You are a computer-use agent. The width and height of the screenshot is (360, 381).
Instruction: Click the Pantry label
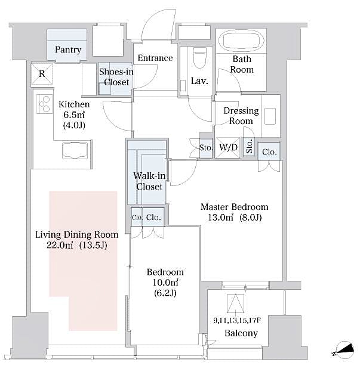pos(68,50)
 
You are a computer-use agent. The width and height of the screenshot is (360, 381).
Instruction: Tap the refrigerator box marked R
pos(41,74)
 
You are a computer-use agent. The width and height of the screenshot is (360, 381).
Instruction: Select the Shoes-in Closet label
pos(116,77)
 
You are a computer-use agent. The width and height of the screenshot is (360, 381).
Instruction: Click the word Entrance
pos(155,58)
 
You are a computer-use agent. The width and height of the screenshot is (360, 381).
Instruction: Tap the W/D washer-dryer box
pos(228,147)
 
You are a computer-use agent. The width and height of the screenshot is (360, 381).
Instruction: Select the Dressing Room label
pos(241,116)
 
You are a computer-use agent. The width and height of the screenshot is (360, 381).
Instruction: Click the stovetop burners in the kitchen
pos(44,104)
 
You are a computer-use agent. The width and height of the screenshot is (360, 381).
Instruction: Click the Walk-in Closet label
pos(147,181)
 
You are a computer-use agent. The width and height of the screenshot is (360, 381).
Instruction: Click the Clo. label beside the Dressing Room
pos(269,152)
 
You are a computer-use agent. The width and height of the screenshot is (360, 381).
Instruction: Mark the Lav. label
pos(199,81)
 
